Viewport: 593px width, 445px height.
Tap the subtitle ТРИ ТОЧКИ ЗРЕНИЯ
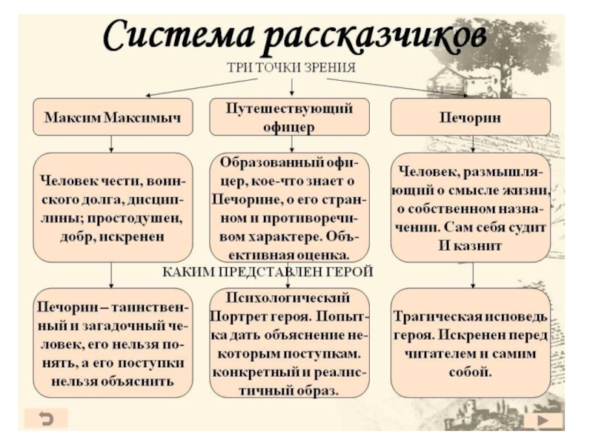291,67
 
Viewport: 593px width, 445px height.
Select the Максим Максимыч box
113,116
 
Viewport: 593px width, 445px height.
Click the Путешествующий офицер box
290,116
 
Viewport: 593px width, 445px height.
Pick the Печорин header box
470,116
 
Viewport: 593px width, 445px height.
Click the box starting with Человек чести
113,207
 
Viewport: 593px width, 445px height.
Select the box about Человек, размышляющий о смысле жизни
470,207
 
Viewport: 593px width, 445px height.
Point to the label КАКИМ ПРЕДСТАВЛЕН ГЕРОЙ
267,272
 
